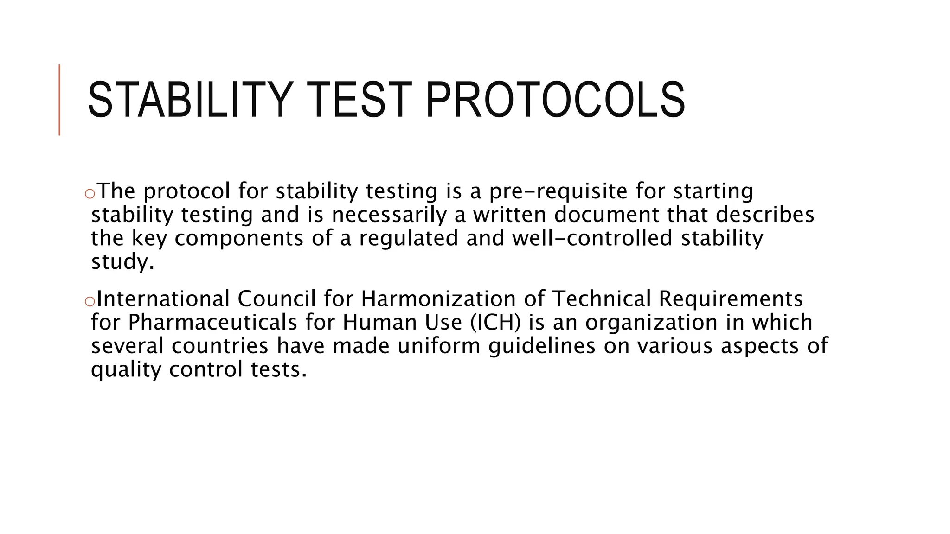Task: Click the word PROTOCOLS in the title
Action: click(x=555, y=100)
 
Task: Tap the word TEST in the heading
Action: click(x=359, y=100)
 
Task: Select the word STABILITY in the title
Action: click(x=191, y=100)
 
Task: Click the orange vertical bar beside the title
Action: click(x=59, y=100)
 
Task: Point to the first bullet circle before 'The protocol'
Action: click(x=90, y=194)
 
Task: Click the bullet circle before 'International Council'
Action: click(x=90, y=302)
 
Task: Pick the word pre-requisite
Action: click(x=558, y=191)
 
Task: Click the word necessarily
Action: click(x=389, y=215)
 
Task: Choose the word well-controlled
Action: click(x=592, y=238)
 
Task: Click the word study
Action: click(x=122, y=262)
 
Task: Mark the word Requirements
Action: click(x=731, y=299)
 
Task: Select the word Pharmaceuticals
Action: click(x=212, y=322)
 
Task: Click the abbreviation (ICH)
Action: click(x=495, y=323)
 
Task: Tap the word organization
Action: click(x=651, y=323)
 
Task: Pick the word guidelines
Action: click(x=542, y=346)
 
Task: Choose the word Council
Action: click(x=276, y=299)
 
